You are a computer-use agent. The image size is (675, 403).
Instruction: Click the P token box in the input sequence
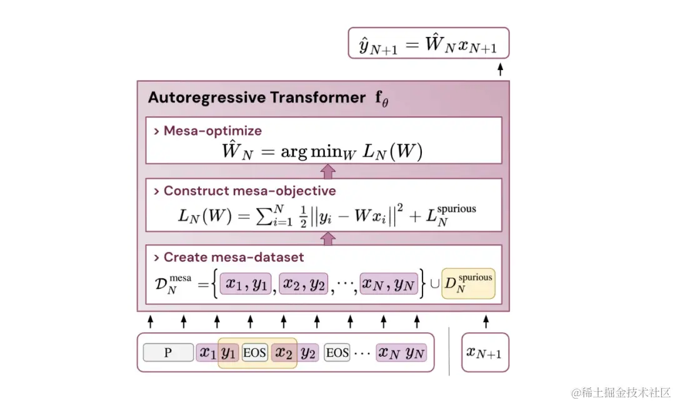click(x=168, y=353)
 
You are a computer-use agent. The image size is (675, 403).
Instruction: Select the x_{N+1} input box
click(x=485, y=352)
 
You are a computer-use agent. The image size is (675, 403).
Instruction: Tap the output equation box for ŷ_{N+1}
click(x=428, y=43)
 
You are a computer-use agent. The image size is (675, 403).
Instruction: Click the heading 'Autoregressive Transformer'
click(x=256, y=98)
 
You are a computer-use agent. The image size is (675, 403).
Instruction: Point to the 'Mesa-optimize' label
click(x=212, y=131)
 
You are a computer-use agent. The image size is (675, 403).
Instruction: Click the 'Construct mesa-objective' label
click(x=249, y=191)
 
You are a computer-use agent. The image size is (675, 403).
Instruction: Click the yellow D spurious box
click(x=468, y=283)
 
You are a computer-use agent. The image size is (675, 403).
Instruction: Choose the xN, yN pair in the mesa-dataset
click(x=389, y=284)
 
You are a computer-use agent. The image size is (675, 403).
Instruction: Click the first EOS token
click(x=254, y=353)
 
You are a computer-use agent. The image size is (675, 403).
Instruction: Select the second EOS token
click(x=337, y=353)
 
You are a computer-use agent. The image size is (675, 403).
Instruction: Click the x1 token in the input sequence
click(x=206, y=353)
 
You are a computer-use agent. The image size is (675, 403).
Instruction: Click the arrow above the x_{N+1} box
click(x=485, y=322)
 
